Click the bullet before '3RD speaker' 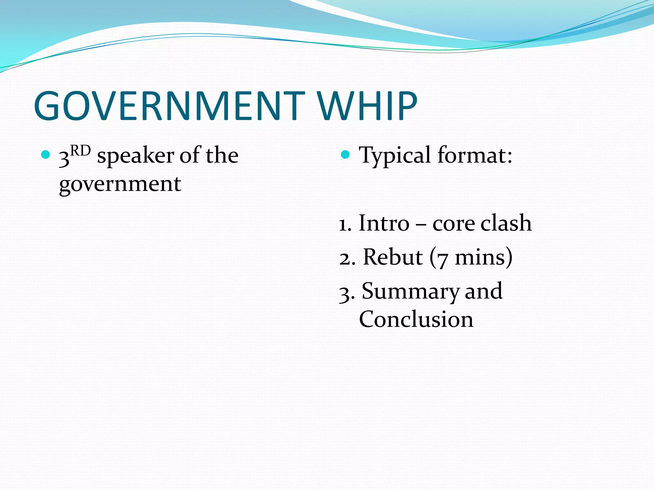tap(46, 155)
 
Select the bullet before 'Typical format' tap(345, 155)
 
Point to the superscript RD tap(80, 151)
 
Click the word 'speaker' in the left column tap(136, 156)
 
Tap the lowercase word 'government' tap(120, 184)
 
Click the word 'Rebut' tap(393, 257)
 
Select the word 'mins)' tap(483, 257)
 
